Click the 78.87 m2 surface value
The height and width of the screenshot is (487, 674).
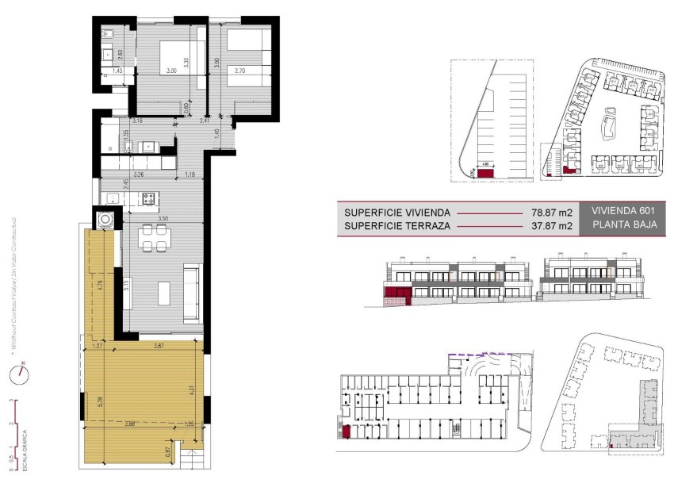click(x=551, y=213)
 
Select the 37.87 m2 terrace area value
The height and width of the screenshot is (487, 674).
click(x=551, y=227)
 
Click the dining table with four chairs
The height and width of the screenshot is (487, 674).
click(x=154, y=237)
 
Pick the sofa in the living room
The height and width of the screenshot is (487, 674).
click(x=192, y=293)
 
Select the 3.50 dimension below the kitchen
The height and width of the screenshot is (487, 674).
click(x=163, y=217)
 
